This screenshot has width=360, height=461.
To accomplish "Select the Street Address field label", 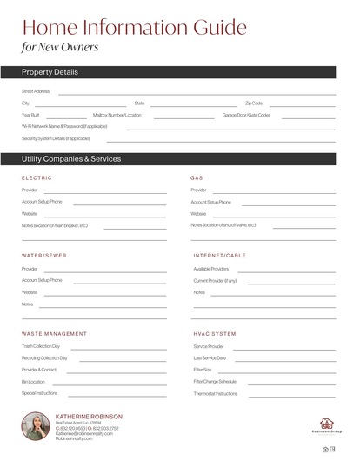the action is [36, 90].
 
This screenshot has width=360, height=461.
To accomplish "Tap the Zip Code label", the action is [254, 103].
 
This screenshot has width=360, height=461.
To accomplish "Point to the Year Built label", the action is [30, 115].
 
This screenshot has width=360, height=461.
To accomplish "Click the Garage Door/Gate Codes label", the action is [246, 115].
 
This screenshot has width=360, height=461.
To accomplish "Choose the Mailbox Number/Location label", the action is [117, 115].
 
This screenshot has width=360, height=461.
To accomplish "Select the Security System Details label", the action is [56, 138].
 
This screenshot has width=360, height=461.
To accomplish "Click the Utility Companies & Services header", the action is [71, 159].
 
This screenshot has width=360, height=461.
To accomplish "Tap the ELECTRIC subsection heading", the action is [37, 177].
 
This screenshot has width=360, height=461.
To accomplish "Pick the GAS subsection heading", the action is [197, 177].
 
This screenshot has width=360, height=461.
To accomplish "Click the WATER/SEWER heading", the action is [43, 256].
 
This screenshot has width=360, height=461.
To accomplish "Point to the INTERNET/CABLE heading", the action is [219, 256].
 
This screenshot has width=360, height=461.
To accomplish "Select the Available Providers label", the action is [210, 269].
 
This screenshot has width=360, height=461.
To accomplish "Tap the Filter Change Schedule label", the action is [214, 381].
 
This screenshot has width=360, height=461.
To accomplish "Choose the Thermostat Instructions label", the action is [215, 393].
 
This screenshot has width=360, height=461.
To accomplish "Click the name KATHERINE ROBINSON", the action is [89, 417].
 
